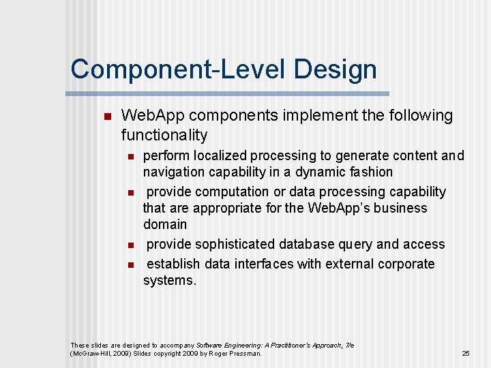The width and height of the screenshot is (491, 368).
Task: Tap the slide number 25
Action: (466, 353)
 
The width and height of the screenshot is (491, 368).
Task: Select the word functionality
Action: (164, 134)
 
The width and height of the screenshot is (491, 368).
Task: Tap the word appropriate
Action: (229, 208)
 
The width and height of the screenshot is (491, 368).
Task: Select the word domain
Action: (164, 224)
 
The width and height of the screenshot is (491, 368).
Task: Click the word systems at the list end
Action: (168, 280)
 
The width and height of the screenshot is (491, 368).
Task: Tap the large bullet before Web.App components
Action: (105, 117)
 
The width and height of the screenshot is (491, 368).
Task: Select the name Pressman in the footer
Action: (243, 354)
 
